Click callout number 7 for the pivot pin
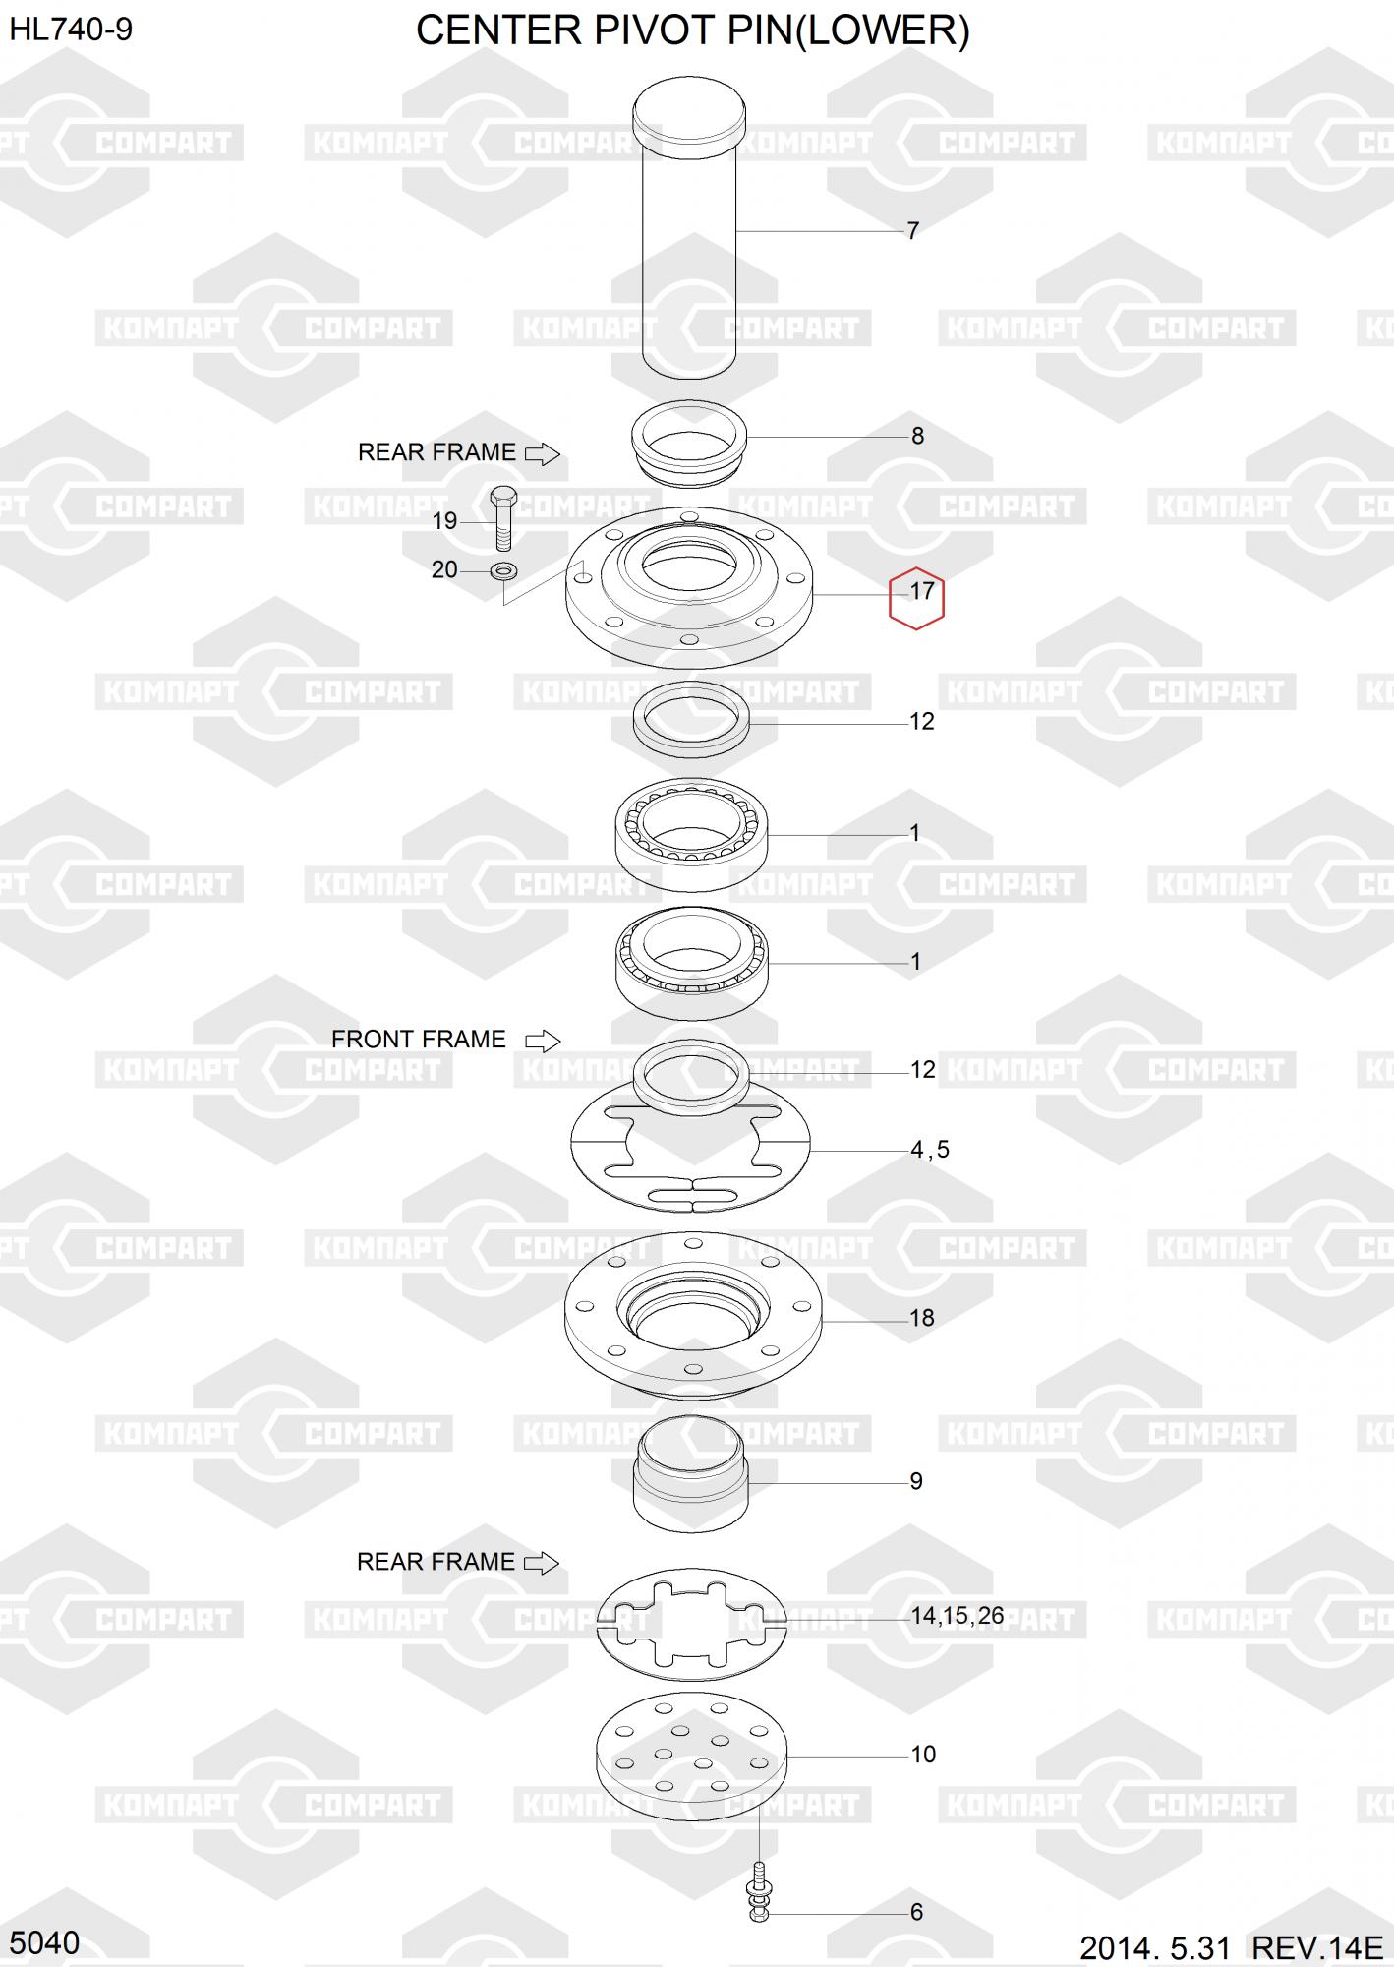tap(912, 230)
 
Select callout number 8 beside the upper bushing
tap(917, 436)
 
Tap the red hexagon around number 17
tap(917, 598)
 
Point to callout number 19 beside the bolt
tap(444, 521)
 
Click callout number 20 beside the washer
tap(444, 569)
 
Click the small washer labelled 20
tap(504, 569)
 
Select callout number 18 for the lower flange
tap(921, 1318)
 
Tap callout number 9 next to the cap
tap(916, 1481)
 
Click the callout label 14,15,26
tap(957, 1615)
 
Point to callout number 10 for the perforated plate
tap(923, 1754)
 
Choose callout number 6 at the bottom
tap(916, 1911)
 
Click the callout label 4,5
tap(929, 1149)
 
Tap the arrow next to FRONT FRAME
tap(543, 1041)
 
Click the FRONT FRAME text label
tap(418, 1040)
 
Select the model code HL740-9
tap(71, 30)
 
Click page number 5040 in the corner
tap(45, 1941)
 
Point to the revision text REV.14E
tap(1316, 1947)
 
